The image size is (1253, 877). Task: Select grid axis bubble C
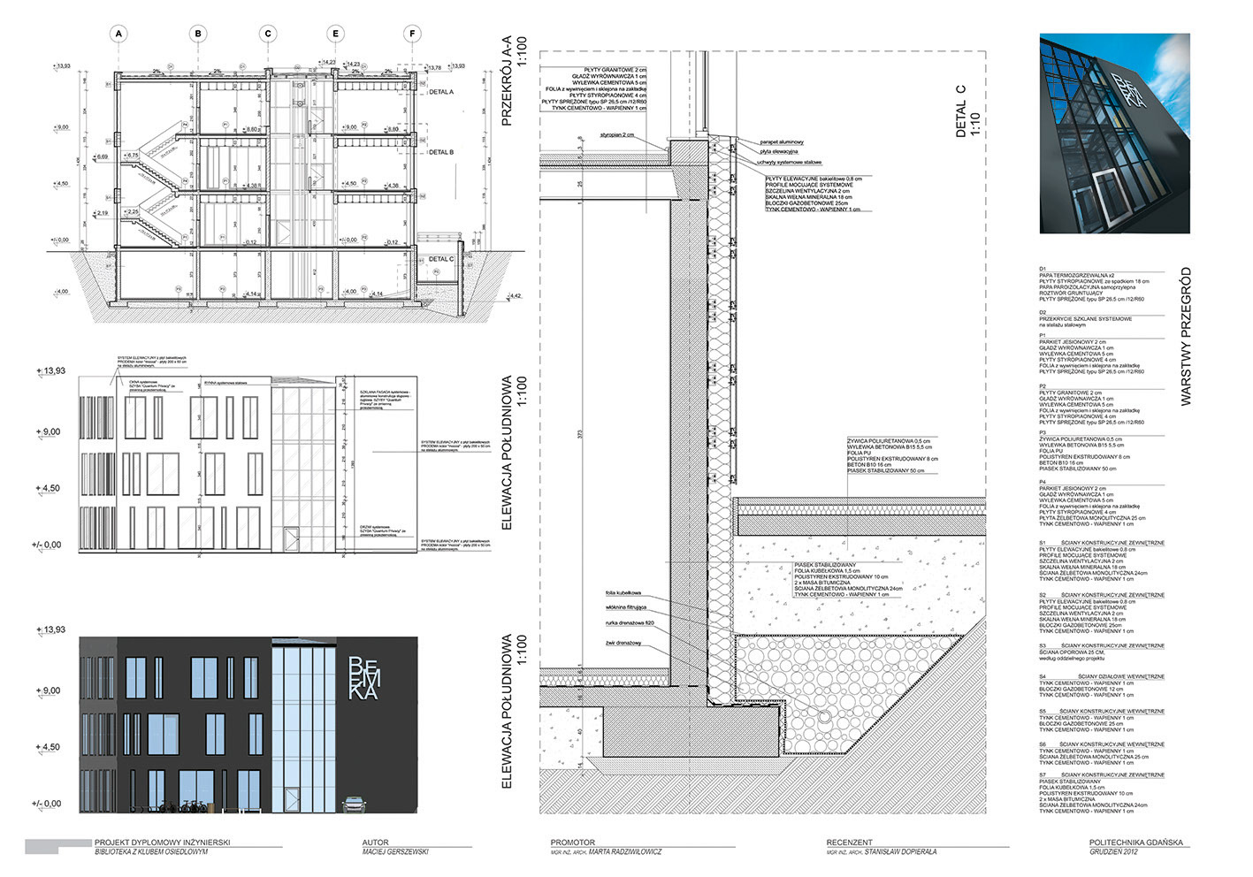pyautogui.click(x=268, y=34)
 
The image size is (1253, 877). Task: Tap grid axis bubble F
pyautogui.click(x=412, y=34)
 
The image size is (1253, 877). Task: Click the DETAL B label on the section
pyautogui.click(x=441, y=152)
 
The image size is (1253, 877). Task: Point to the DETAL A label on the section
pyautogui.click(x=441, y=92)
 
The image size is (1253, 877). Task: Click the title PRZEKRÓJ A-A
pyautogui.click(x=508, y=80)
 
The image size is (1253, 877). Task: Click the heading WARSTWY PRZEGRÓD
pyautogui.click(x=1186, y=336)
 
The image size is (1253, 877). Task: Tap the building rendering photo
pyautogui.click(x=1114, y=133)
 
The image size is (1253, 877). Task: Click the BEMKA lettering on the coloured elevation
pyautogui.click(x=363, y=678)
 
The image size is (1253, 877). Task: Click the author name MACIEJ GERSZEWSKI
pyautogui.click(x=395, y=852)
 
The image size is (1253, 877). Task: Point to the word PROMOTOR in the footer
pyautogui.click(x=573, y=843)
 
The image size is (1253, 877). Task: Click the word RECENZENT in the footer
pyautogui.click(x=850, y=843)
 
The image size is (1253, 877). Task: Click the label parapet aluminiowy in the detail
pyautogui.click(x=782, y=141)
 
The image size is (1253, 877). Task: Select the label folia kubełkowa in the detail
pyautogui.click(x=623, y=592)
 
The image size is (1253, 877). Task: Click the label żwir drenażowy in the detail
pyautogui.click(x=623, y=643)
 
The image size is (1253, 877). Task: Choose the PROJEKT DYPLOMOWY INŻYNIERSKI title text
pyautogui.click(x=162, y=843)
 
